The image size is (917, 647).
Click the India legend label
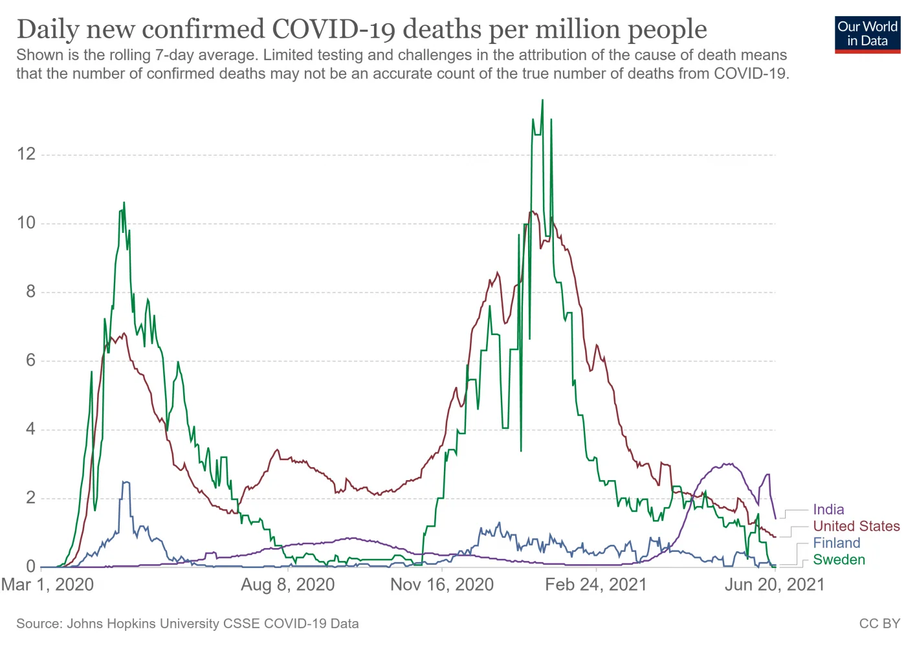[828, 510]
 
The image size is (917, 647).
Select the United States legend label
[856, 527]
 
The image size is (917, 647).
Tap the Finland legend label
[836, 543]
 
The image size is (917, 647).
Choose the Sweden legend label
[839, 560]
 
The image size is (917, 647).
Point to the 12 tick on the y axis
[27, 154]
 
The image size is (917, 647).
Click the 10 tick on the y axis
[27, 223]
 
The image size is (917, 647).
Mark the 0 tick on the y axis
[31, 567]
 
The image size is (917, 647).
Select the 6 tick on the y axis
[31, 361]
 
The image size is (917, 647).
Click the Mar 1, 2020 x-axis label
[47, 585]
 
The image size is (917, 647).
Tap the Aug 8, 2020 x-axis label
[288, 585]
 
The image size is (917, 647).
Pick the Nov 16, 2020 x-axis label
[442, 585]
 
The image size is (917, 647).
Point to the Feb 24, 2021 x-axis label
[596, 585]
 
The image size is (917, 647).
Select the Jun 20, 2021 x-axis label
[775, 585]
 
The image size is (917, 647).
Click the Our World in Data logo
[867, 35]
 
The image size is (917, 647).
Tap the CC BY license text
[879, 624]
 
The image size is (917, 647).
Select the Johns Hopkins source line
[188, 624]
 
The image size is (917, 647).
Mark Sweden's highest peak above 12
[542, 100]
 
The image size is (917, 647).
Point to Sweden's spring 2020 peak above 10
[124, 203]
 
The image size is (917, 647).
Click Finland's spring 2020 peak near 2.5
[126, 482]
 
